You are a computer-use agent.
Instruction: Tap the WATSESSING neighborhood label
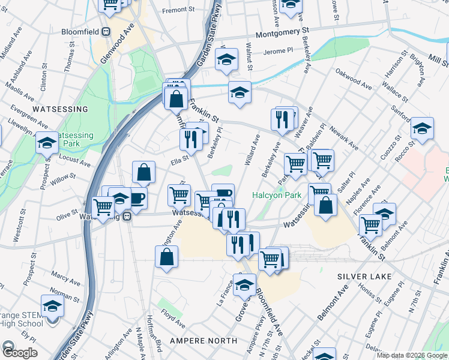[x=60, y=109]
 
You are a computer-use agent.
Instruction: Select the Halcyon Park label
[x=276, y=195]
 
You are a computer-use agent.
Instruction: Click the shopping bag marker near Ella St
[x=144, y=172]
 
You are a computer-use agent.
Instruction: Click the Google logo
[x=19, y=353]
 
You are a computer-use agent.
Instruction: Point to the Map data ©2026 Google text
[x=411, y=355]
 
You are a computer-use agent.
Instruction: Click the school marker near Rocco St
[x=422, y=128]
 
